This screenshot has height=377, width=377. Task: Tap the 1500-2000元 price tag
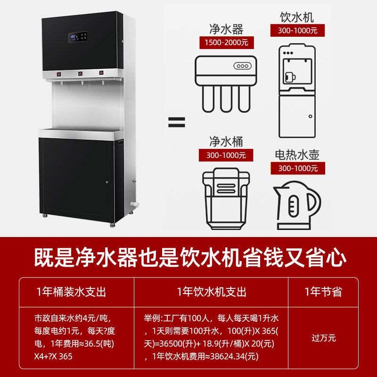click(226, 43)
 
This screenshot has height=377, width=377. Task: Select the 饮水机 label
click(297, 18)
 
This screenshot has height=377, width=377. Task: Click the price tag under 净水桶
click(226, 155)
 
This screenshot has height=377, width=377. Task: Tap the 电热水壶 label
click(297, 155)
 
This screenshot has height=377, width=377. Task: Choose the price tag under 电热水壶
click(297, 168)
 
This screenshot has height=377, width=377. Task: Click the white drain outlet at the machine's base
click(135, 204)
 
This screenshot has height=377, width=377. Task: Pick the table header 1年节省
click(323, 292)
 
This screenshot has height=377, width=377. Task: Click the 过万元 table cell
click(323, 338)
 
